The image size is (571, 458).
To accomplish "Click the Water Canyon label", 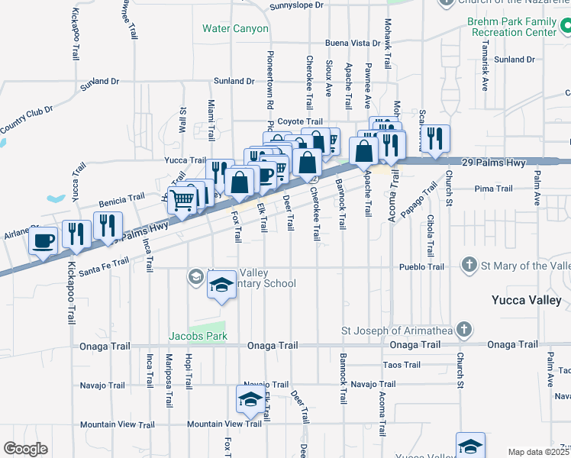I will pos(235,29).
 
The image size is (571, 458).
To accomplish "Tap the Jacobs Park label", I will pos(198,336).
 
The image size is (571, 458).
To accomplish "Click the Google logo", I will pos(25,448).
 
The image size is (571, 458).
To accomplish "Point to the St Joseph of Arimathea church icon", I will pos(462,330).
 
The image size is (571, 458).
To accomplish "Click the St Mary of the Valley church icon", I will pos(470,266).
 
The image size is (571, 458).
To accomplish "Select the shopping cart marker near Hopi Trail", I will pos(182,201).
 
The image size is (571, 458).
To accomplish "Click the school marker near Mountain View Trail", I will pos(250,399).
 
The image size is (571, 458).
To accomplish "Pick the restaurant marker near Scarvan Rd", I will pos(435,139).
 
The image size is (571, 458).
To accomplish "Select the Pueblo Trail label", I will pos(421,267).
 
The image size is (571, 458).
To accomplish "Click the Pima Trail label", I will pos(493,189).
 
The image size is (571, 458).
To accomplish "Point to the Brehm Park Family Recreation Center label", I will pos(513,28).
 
